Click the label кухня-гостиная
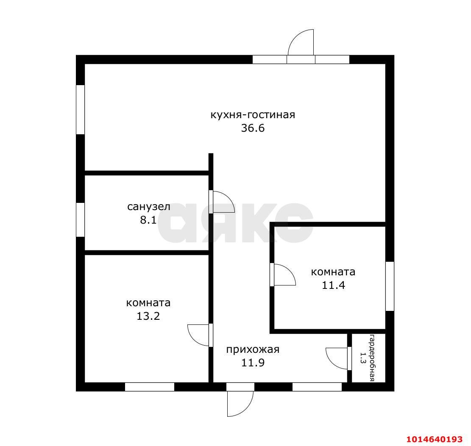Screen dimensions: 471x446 click(x=253, y=115)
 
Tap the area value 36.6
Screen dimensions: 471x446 click(x=253, y=128)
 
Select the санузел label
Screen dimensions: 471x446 click(x=149, y=207)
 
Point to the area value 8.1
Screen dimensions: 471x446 click(x=148, y=220)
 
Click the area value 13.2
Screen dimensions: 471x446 click(x=148, y=316)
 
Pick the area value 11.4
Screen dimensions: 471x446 click(x=333, y=285)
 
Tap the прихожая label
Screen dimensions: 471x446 click(x=253, y=350)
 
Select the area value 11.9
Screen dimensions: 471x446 click(x=253, y=363)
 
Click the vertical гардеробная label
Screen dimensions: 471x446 click(x=372, y=357)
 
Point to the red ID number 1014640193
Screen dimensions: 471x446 click(x=435, y=439)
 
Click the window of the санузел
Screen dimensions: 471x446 click(x=80, y=220)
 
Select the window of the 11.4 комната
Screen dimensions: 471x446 click(x=390, y=286)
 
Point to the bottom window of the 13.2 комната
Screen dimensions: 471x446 click(x=150, y=387)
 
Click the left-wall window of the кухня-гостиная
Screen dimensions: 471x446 click(x=80, y=110)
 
